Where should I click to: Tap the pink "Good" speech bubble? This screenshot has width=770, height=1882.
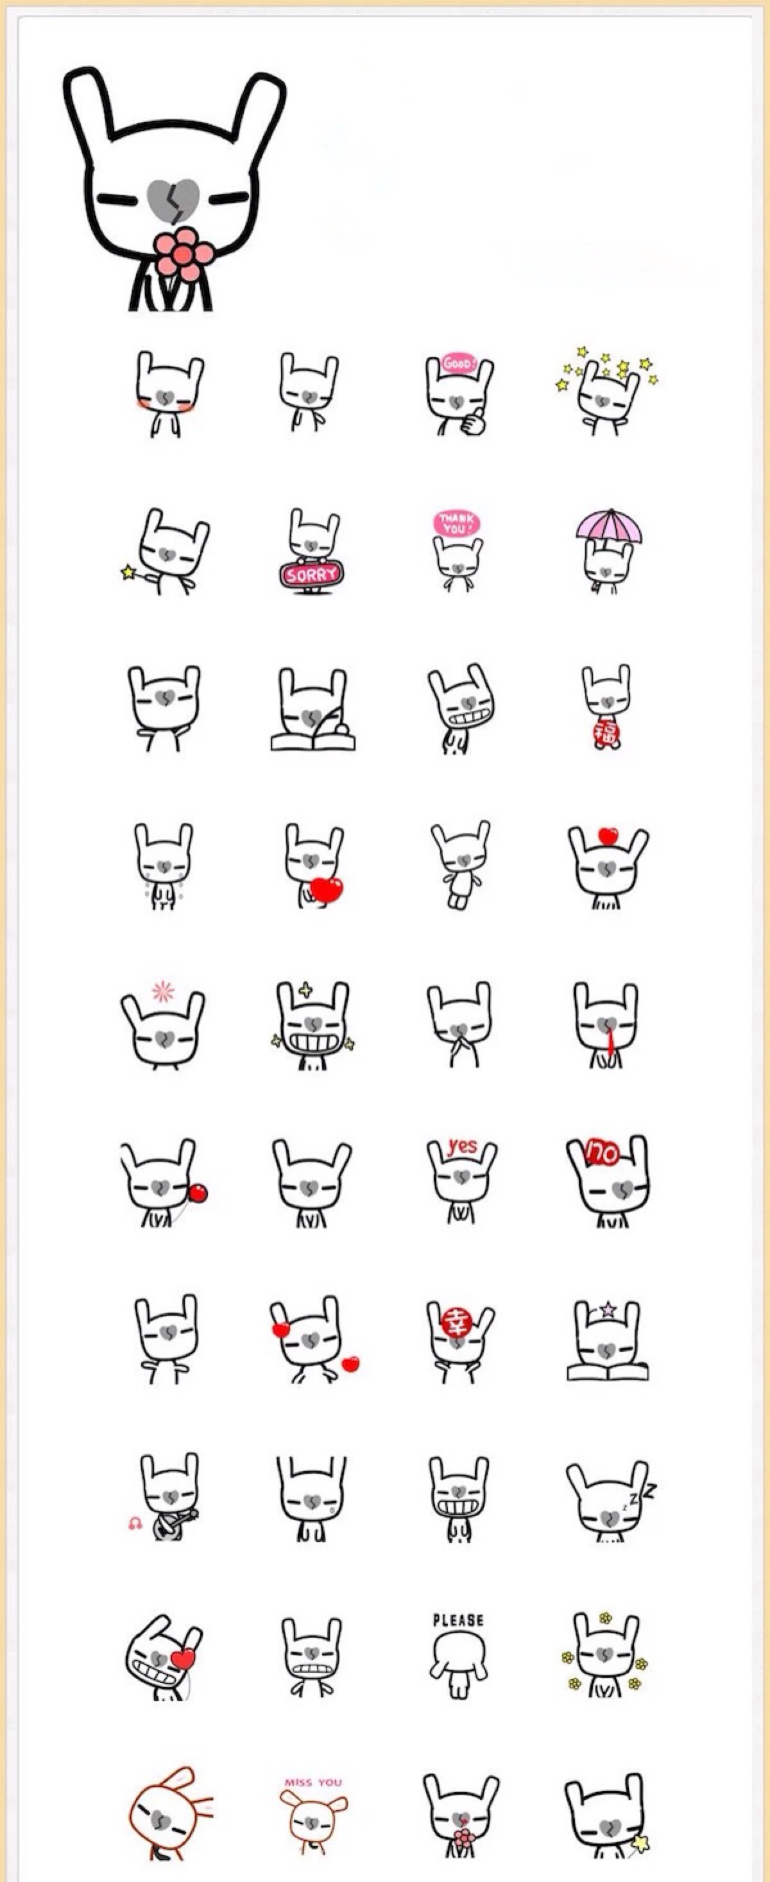(x=459, y=363)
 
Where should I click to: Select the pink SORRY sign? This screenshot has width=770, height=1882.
(x=312, y=574)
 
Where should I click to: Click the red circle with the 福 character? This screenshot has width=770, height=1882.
(x=606, y=734)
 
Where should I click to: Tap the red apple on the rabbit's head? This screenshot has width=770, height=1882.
(x=608, y=836)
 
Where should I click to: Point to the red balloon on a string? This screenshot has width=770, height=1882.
(x=198, y=1194)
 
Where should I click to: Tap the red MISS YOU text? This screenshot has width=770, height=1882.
(x=312, y=1782)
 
